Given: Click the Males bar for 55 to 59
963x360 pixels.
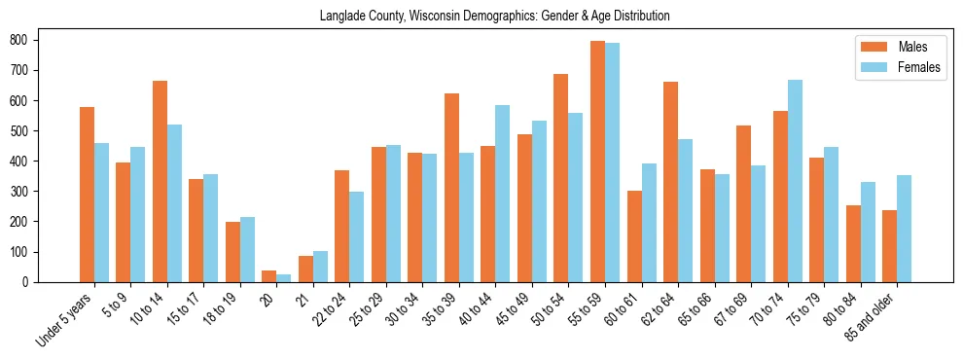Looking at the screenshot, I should point(597,162).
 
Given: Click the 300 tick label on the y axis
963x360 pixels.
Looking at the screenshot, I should point(24,192).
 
